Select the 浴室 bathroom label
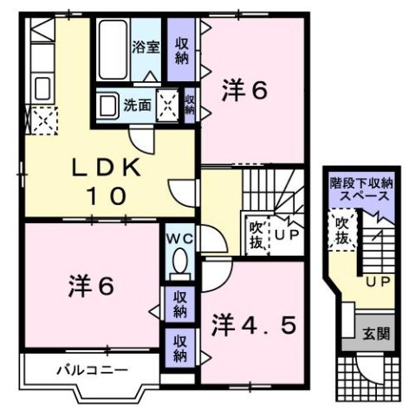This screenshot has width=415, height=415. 146,47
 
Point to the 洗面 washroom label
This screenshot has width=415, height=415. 137,106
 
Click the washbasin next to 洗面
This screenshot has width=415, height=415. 107,106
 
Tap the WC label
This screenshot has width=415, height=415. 178,235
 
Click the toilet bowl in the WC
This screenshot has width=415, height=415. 179,261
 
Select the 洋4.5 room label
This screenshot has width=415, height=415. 255,326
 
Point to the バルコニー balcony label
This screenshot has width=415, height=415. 93,370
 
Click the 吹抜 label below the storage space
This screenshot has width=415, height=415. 343,231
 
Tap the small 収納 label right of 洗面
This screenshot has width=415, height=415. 189,105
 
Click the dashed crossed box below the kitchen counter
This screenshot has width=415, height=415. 40,118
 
